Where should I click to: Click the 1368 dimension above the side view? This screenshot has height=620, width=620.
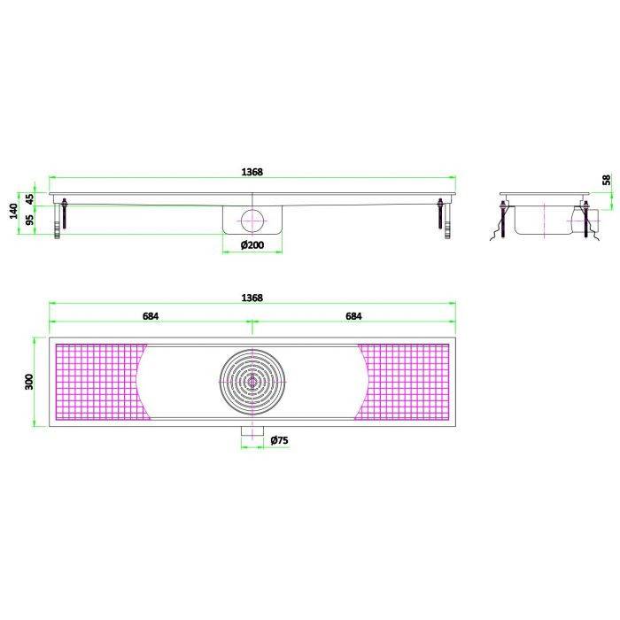point(252,172)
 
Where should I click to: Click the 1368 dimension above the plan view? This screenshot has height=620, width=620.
point(252,298)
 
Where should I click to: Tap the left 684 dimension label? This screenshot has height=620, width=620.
point(151,316)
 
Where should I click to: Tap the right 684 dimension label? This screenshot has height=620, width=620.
point(353,316)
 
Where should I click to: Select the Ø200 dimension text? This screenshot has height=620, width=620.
point(252,244)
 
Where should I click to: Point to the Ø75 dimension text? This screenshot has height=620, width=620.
point(280,440)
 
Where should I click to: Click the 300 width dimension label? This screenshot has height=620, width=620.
point(29,382)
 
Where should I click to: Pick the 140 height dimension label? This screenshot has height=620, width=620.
point(14,211)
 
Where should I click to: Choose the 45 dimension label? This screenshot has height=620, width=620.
point(30,199)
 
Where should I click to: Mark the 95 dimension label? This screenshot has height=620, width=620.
point(30,220)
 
